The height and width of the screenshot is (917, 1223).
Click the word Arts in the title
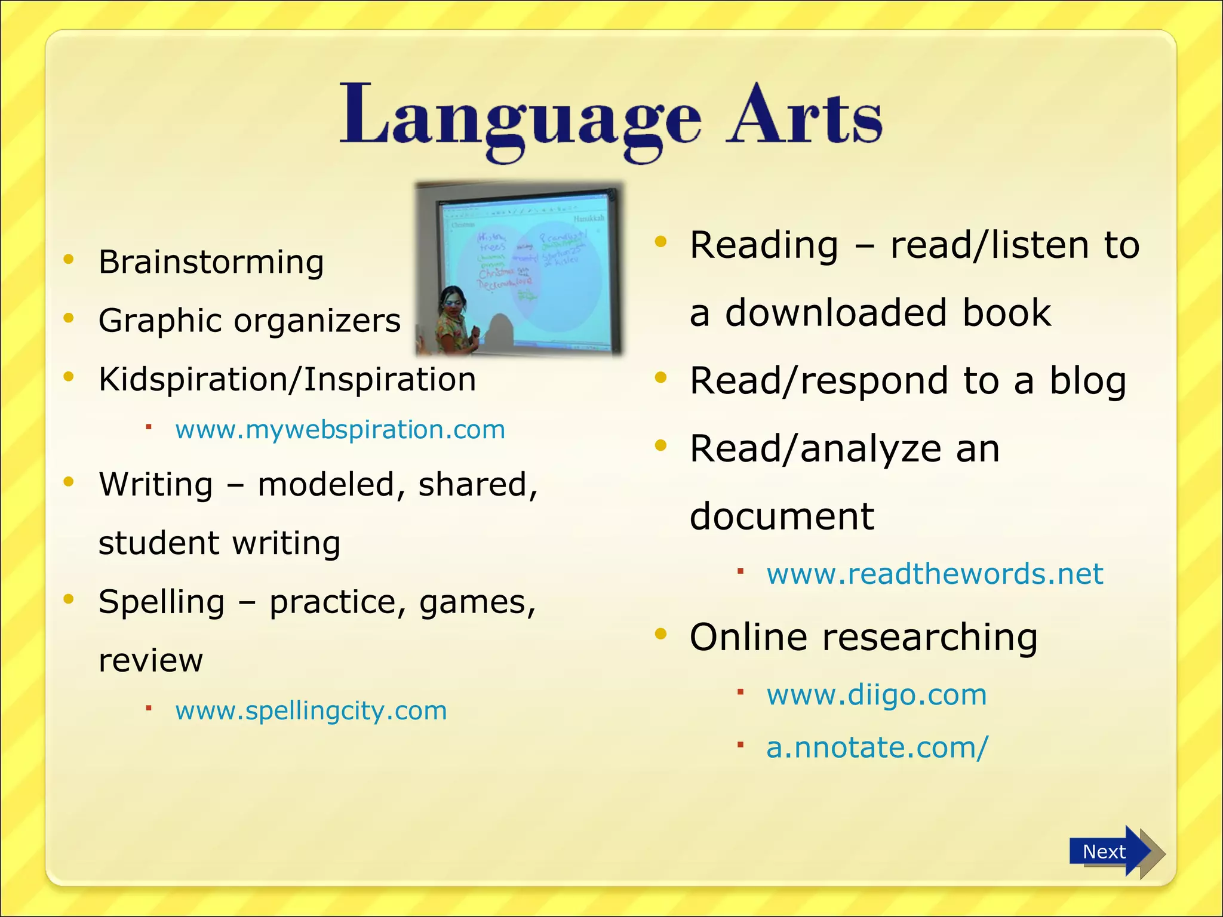coord(804,116)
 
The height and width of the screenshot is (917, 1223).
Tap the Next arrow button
coord(1111,851)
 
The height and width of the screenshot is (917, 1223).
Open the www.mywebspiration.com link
coord(340,430)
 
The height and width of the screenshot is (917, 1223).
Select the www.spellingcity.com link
coord(311,711)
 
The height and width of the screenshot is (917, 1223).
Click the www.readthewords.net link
coord(935,574)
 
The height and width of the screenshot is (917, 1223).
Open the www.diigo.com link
coord(876,695)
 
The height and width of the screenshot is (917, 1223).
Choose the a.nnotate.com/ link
coord(877,747)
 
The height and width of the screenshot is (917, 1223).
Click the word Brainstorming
coord(211,263)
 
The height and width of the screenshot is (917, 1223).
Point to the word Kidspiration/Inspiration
coord(287,380)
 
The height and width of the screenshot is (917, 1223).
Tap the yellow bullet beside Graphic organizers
coord(69,318)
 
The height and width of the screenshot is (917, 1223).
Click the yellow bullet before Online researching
coord(660,634)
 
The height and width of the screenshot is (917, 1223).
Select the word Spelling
coord(161,602)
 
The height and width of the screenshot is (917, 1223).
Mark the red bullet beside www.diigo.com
coord(740,692)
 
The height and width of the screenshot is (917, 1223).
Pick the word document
coord(781,516)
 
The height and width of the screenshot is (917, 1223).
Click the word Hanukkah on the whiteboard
coord(589,219)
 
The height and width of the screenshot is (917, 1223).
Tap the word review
coord(150,661)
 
